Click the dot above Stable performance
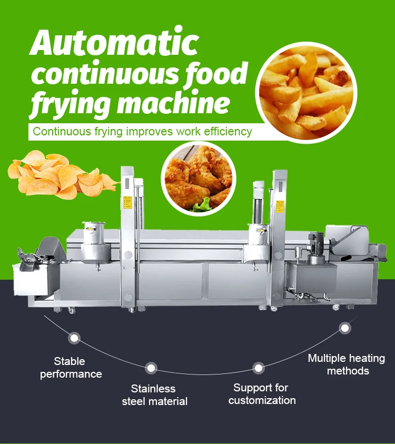pyautogui.click(x=74, y=338)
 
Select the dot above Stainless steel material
pyautogui.click(x=151, y=367)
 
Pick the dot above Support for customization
pyautogui.click(x=258, y=367)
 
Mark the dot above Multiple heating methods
pyautogui.click(x=345, y=328)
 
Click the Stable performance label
pyautogui.click(x=71, y=368)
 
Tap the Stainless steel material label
pyautogui.click(x=154, y=395)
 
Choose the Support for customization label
pyautogui.click(x=262, y=394)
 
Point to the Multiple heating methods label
pyautogui.click(x=347, y=364)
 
